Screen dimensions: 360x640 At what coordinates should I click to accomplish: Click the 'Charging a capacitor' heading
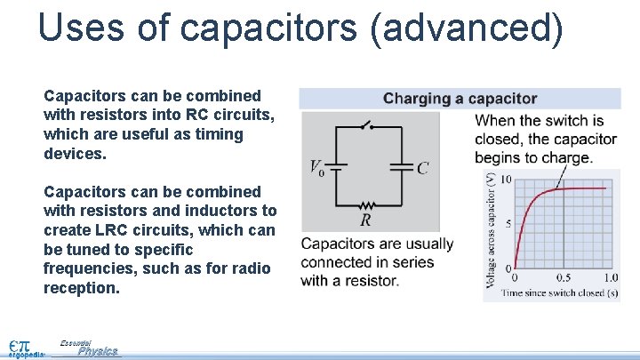[x=460, y=99]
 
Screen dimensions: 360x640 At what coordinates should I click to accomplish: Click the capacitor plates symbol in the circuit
[x=403, y=166]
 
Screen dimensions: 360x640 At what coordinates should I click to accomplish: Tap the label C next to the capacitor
[x=423, y=167]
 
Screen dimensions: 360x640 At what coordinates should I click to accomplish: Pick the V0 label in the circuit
[x=316, y=167]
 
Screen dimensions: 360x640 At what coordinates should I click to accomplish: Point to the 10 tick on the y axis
[x=506, y=180]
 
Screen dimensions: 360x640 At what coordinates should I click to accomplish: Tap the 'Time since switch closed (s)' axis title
[x=560, y=292]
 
